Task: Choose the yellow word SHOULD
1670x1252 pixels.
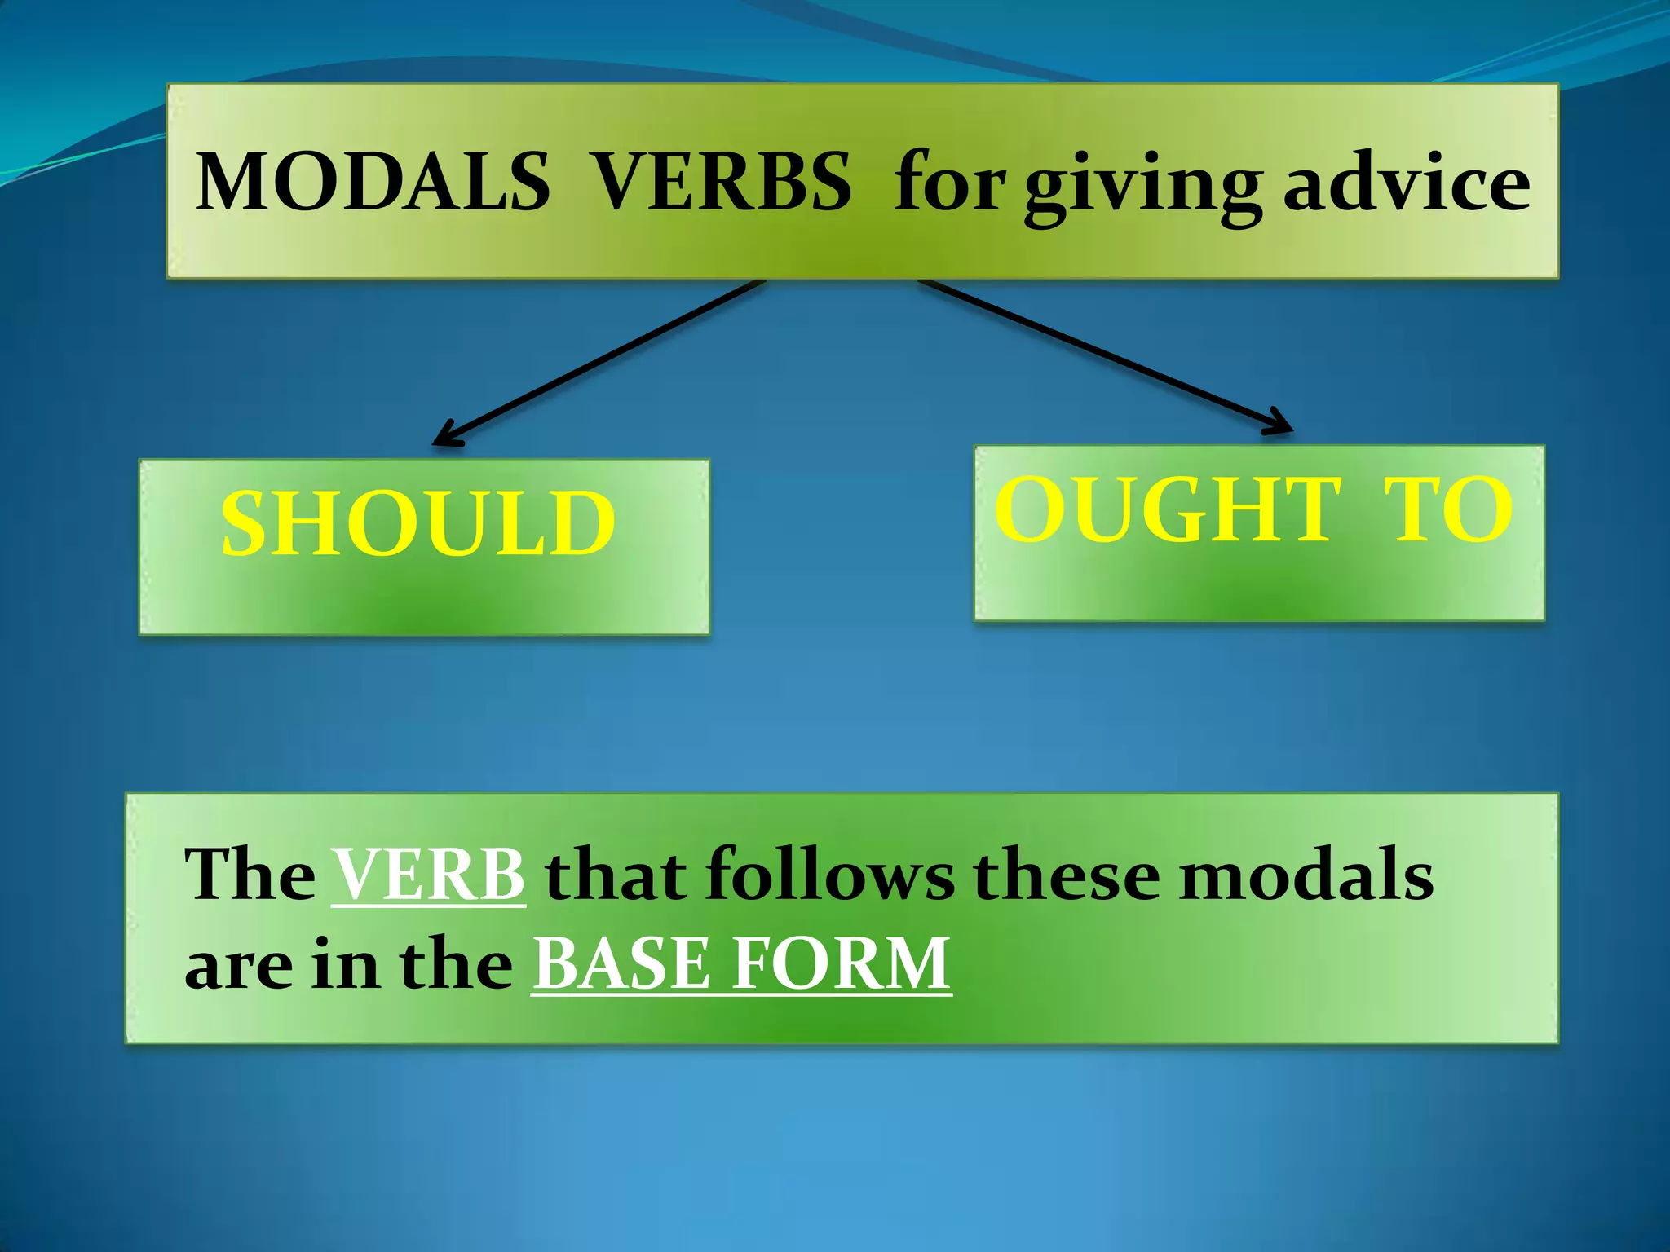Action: pyautogui.click(x=418, y=523)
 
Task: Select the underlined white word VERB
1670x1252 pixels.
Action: pyautogui.click(x=428, y=875)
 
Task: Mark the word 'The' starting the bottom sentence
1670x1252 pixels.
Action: pyautogui.click(x=250, y=875)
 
